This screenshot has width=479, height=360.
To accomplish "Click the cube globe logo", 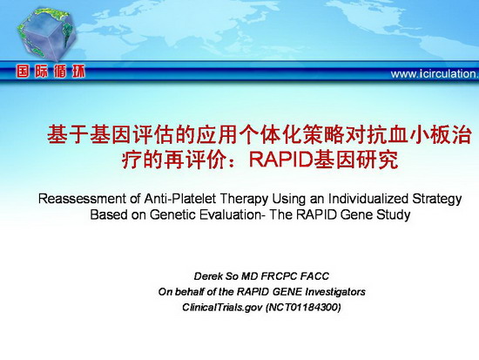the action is (46, 34).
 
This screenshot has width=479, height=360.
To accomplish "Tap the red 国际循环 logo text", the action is (51, 71).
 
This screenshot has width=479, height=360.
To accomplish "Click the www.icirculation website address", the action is (435, 74).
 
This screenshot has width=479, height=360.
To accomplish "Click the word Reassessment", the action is (82, 199).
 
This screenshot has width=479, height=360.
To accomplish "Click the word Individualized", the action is (368, 199).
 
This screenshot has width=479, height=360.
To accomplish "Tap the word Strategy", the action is (437, 200).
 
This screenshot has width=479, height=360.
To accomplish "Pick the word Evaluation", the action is (232, 214).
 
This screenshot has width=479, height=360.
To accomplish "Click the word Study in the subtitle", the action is (393, 215).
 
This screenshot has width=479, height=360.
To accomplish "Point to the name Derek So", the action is (216, 276).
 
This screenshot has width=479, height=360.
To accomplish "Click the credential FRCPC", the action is (279, 276).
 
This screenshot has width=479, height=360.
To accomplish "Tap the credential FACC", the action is (314, 276).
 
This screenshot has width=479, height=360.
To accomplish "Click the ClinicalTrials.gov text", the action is (222, 307).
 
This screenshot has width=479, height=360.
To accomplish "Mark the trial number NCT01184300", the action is (303, 307).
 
